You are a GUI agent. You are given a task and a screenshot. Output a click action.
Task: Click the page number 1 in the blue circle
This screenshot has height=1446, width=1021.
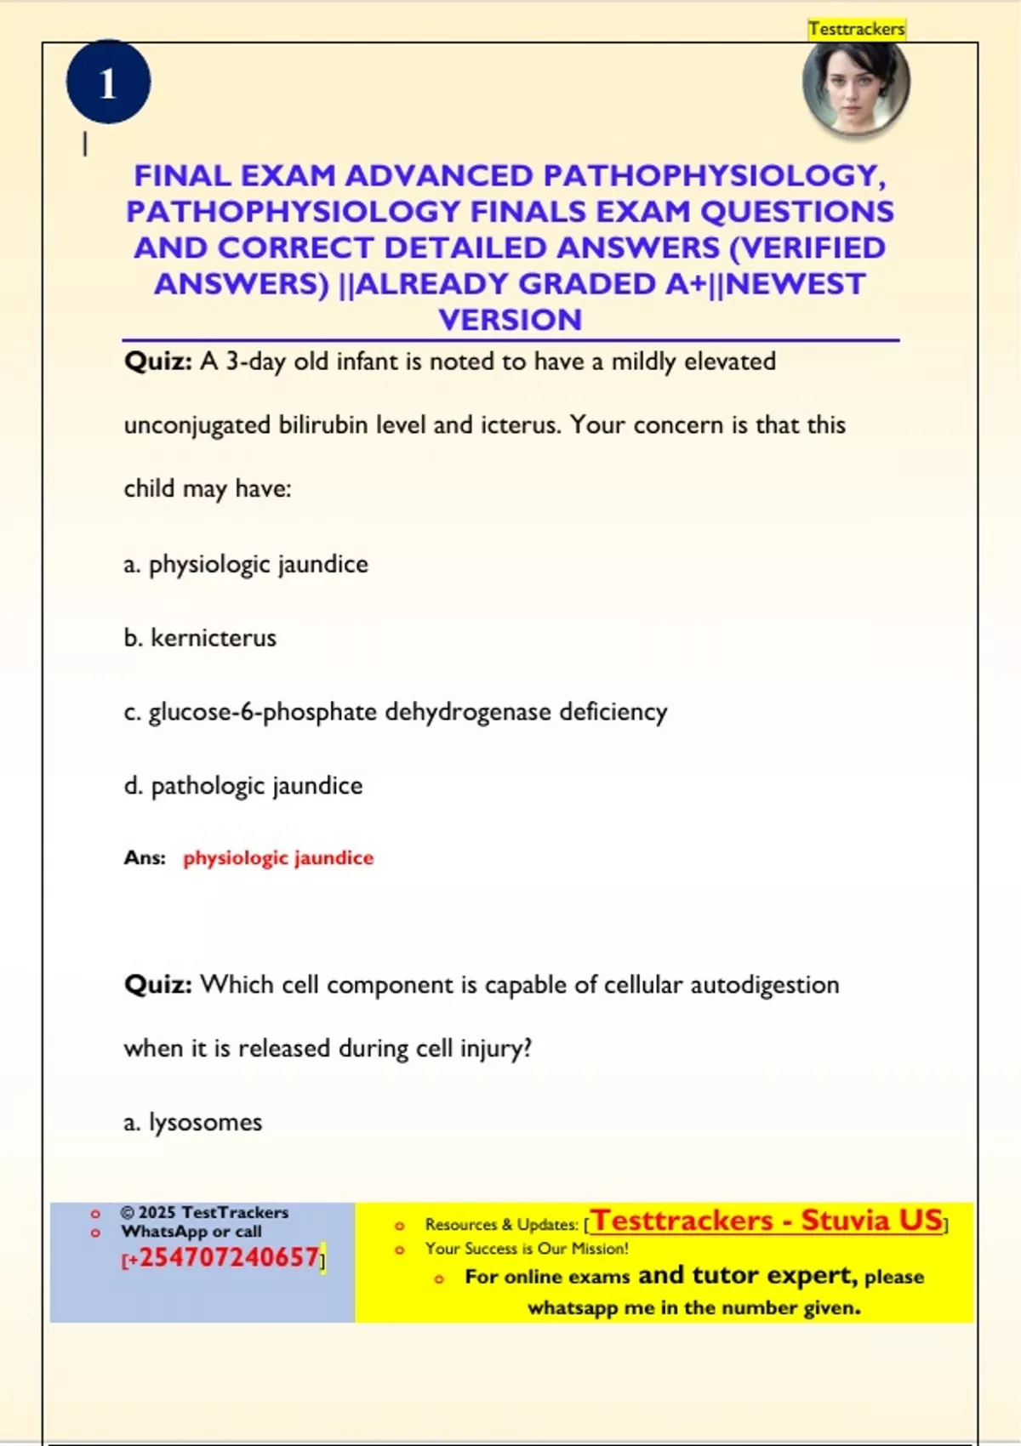[108, 83]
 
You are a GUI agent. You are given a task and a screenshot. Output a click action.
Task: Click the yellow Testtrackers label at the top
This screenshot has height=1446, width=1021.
[857, 29]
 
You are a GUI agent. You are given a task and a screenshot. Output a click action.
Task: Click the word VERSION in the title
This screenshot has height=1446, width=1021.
[510, 320]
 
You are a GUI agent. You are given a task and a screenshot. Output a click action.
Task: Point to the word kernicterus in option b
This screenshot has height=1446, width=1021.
[214, 638]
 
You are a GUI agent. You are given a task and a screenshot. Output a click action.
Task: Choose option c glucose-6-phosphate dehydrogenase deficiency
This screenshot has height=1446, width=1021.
[396, 712]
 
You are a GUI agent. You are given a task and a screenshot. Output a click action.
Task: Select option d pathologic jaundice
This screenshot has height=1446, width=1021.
[243, 786]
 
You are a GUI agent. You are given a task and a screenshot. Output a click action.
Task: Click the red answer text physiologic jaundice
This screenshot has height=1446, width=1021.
[278, 857]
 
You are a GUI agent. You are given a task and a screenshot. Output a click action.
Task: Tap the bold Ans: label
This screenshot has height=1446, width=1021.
[145, 857]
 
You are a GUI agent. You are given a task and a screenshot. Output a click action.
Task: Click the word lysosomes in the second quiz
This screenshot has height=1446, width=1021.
[205, 1123]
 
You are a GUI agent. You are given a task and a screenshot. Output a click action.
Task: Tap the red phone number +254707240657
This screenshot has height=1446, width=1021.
[228, 1257]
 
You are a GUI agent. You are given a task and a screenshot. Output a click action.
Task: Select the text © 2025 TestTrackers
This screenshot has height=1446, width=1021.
[204, 1212]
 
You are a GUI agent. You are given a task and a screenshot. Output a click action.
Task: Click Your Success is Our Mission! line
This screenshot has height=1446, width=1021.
[527, 1249]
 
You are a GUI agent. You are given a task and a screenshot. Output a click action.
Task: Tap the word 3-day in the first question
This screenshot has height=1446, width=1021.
[255, 361]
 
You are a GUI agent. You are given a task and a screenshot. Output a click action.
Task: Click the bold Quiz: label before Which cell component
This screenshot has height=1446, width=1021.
[158, 985]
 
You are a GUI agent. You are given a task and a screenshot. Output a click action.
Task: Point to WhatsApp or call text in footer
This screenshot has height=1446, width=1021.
[191, 1232]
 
